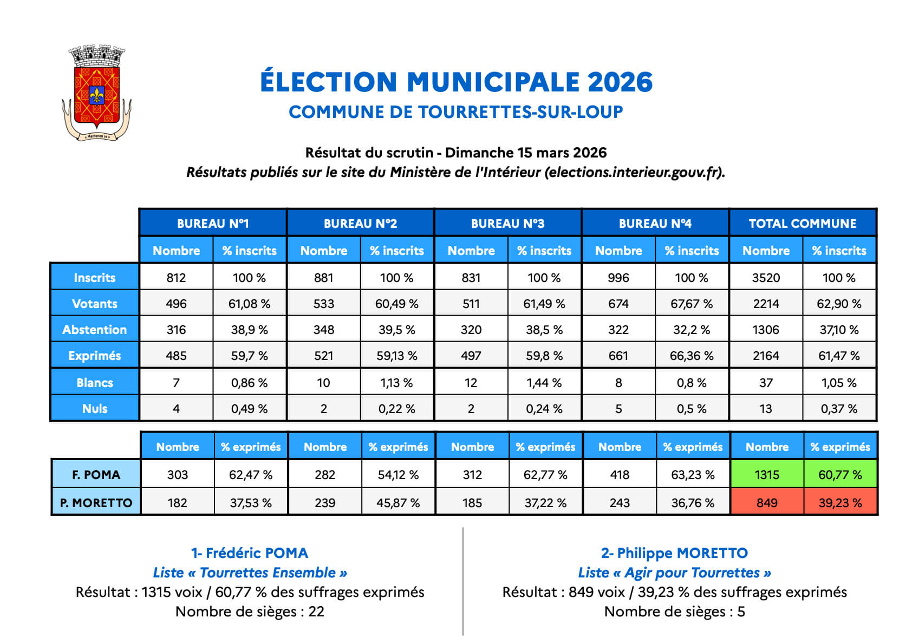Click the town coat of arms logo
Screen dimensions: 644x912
(96, 94)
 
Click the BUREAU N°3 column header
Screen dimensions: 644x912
(507, 223)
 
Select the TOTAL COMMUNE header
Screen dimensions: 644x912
(802, 223)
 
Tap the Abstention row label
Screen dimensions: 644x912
(94, 330)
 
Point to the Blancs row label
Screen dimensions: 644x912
(94, 383)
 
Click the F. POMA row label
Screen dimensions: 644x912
(96, 475)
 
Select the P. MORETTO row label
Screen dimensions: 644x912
(96, 503)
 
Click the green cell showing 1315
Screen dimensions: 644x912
(766, 475)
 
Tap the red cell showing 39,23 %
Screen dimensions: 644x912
(840, 503)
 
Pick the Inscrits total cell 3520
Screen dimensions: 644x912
(766, 278)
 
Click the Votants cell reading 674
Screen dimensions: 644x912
(618, 304)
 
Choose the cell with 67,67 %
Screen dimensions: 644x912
(692, 304)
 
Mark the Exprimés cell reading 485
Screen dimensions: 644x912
(176, 356)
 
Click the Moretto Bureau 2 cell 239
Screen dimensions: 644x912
(325, 503)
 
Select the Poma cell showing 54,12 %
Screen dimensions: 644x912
(398, 475)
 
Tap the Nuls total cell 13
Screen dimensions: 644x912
(766, 409)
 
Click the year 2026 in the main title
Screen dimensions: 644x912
(620, 82)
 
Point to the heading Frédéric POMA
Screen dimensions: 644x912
(250, 553)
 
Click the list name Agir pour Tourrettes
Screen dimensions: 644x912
(674, 573)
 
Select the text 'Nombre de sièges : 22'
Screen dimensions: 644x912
(250, 612)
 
